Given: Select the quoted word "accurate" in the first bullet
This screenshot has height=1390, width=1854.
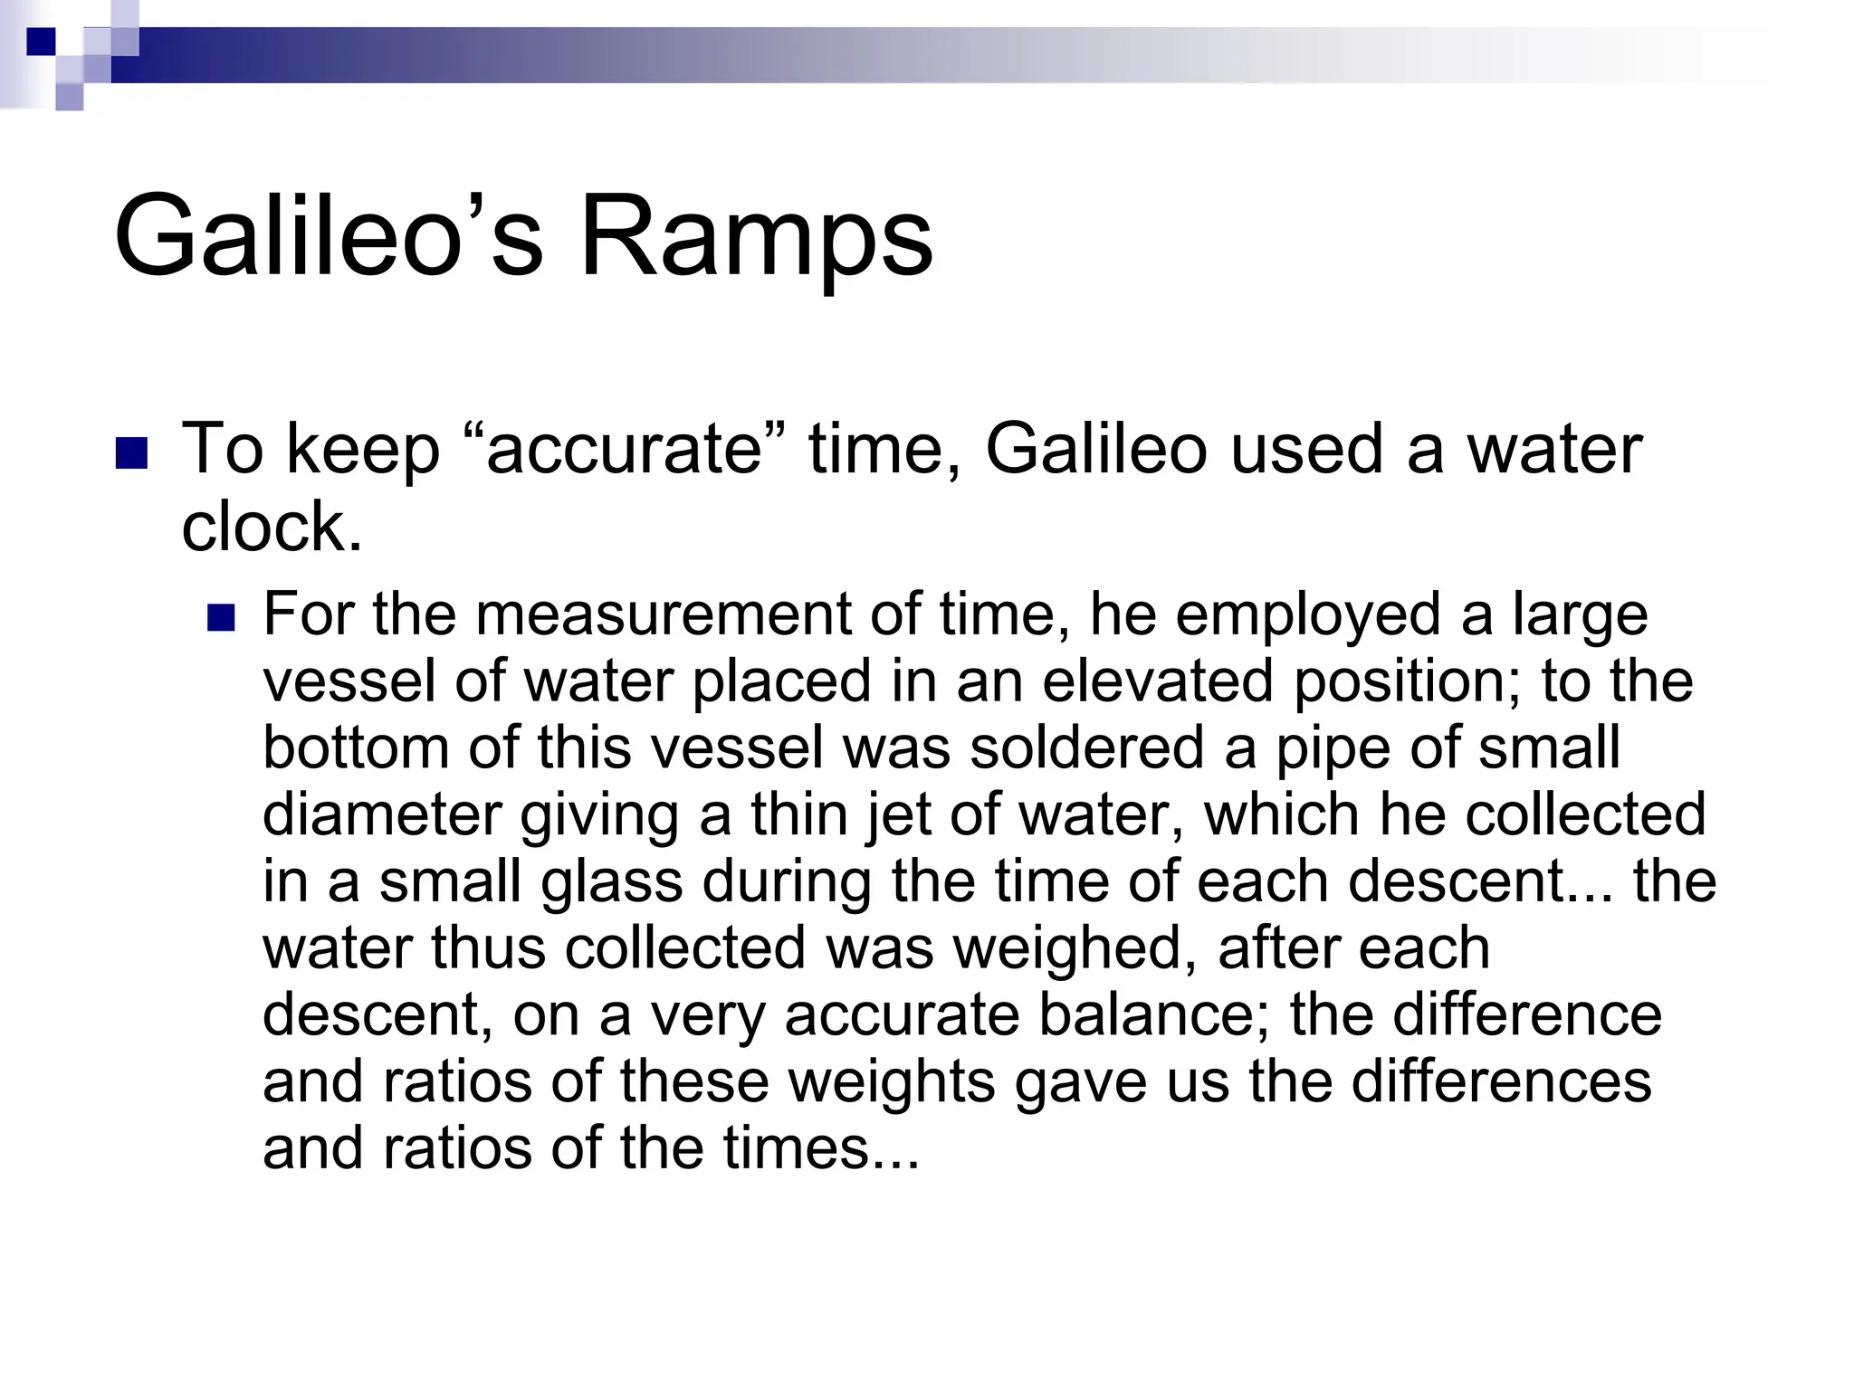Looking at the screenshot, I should point(625,449).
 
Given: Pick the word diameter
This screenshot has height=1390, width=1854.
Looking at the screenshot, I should point(381,814).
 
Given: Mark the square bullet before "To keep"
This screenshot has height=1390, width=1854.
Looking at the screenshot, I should point(132,453).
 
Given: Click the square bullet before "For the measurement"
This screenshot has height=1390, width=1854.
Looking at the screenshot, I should point(221,618).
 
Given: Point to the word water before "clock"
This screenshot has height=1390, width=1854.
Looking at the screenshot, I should point(1553,449).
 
